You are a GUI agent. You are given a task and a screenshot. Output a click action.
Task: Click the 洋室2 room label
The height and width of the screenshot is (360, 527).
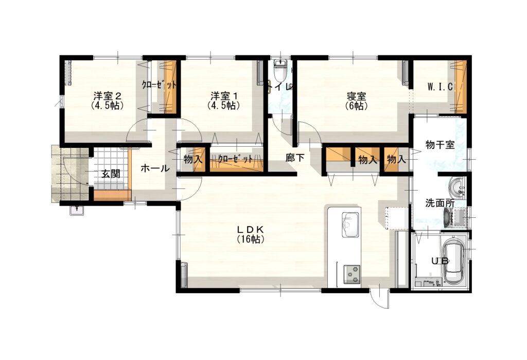pyautogui.click(x=108, y=96)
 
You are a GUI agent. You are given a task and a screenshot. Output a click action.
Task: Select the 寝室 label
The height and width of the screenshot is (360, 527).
pyautogui.click(x=356, y=96)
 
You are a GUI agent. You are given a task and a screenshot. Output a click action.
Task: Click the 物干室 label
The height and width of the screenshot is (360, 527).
pyautogui.click(x=440, y=145)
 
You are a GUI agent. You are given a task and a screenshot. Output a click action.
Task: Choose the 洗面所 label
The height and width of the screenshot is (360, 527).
pyautogui.click(x=440, y=203)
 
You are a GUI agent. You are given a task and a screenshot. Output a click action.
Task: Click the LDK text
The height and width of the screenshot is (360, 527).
pyautogui.click(x=251, y=229)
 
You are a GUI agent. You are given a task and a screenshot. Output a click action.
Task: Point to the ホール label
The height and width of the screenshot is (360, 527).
pyautogui.click(x=154, y=167)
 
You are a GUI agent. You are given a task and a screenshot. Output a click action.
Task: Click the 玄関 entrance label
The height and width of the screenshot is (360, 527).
pyautogui.click(x=110, y=174)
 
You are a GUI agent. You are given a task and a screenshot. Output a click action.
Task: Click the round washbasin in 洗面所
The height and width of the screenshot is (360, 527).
pyautogui.click(x=456, y=186)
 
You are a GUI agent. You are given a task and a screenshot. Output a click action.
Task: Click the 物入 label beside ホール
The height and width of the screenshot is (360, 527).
pyautogui.click(x=192, y=160)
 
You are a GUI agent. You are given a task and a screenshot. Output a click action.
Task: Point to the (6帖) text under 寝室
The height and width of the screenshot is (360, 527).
pyautogui.click(x=356, y=106)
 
